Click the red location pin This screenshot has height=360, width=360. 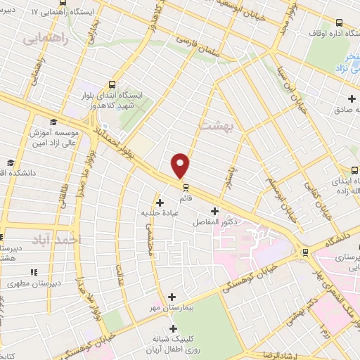click(181, 165)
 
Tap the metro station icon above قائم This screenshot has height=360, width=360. click(186, 188)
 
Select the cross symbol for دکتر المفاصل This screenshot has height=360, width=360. click(214, 211)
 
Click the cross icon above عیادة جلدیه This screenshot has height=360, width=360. click(160, 202)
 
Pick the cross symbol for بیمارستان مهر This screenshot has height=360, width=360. click(173, 297)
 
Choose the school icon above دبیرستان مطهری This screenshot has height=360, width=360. click(32, 271)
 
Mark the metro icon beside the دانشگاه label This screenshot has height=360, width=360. click(304, 252)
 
